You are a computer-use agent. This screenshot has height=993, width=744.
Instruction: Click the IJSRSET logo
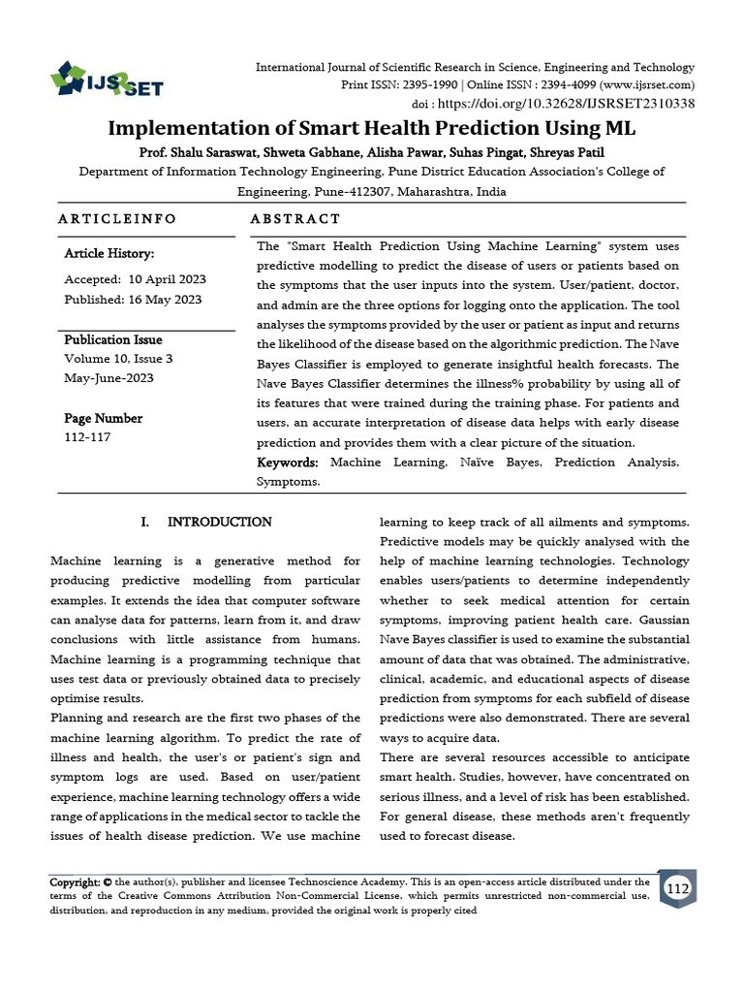(107, 79)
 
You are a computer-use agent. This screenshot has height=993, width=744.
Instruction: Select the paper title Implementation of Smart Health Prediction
(371, 129)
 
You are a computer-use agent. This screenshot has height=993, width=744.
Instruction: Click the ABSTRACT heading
(295, 219)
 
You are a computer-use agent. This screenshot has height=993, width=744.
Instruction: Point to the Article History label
(108, 254)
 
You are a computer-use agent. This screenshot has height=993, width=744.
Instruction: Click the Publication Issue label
(113, 340)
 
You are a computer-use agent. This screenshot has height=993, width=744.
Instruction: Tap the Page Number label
(103, 419)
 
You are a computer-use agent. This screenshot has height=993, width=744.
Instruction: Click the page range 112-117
(87, 437)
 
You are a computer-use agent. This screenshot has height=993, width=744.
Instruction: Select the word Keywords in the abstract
(288, 463)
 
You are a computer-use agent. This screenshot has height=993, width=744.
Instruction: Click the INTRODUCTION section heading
(220, 522)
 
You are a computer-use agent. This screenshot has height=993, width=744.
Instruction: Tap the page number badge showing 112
(677, 889)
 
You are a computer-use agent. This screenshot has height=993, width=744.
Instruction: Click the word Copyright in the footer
(76, 882)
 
